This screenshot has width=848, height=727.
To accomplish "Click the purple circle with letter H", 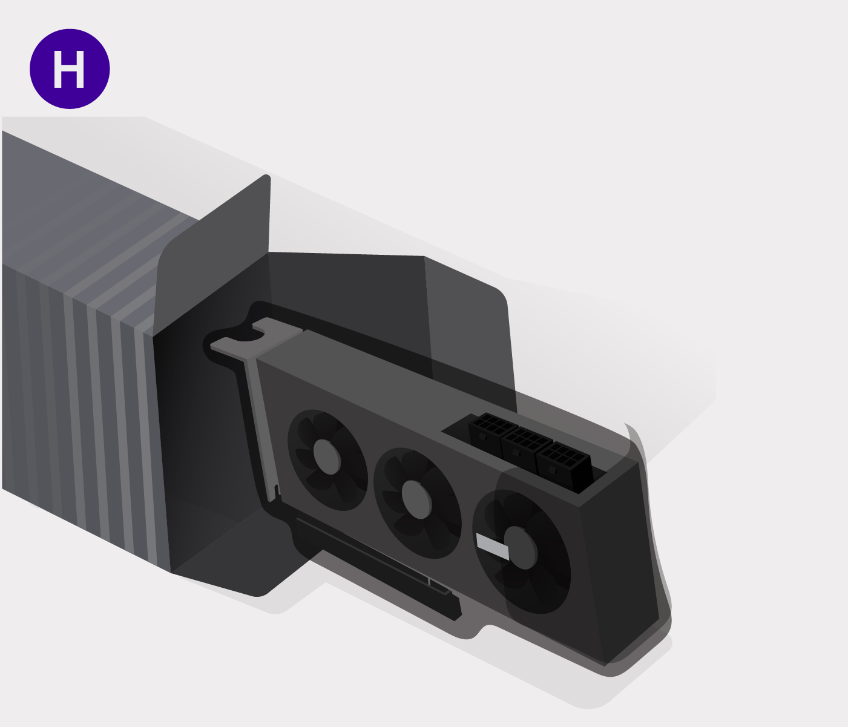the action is point(70,69).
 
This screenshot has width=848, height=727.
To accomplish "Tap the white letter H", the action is point(69,70).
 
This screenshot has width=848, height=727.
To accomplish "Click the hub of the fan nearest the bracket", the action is point(327,457).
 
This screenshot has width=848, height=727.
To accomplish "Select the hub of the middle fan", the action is point(416,500).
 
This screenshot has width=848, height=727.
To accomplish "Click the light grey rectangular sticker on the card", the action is point(493,547).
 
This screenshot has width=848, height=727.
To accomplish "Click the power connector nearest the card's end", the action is point(564,467).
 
